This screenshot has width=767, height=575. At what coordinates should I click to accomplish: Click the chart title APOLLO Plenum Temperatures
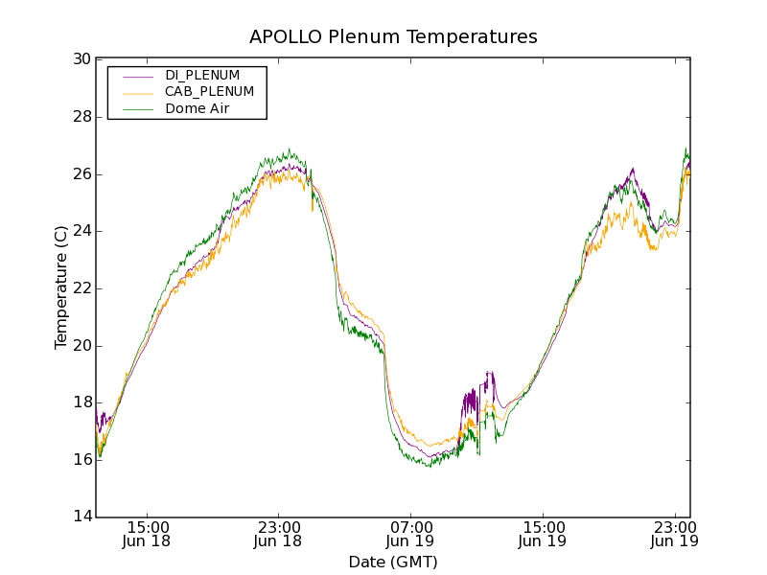(x=393, y=37)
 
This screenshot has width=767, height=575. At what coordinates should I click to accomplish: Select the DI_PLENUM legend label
(x=202, y=75)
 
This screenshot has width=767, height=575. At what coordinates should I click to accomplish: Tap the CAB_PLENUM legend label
(x=209, y=92)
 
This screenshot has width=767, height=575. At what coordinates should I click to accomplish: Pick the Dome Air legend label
(x=198, y=109)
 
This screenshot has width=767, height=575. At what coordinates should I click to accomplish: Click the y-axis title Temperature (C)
(x=61, y=287)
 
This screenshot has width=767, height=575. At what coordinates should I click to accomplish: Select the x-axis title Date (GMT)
(x=393, y=562)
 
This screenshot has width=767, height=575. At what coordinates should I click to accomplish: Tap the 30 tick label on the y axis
(x=81, y=59)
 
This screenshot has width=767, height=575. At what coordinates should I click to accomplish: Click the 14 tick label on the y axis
(x=81, y=517)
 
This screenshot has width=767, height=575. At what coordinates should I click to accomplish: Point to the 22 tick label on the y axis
(x=81, y=288)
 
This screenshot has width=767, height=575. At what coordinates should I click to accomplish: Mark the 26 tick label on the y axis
(x=81, y=174)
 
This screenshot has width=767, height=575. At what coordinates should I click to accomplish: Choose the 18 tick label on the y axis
(x=81, y=402)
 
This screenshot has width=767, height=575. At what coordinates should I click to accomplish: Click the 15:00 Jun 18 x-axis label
(x=148, y=534)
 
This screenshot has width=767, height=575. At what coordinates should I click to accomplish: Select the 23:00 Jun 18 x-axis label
(x=278, y=534)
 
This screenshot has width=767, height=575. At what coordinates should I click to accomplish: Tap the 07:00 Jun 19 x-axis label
(x=410, y=534)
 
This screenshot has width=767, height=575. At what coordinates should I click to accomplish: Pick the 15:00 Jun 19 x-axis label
(x=542, y=534)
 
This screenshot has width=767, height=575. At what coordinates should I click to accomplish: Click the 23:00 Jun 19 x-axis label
(x=673, y=534)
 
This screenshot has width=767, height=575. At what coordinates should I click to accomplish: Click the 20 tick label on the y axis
(x=81, y=346)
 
